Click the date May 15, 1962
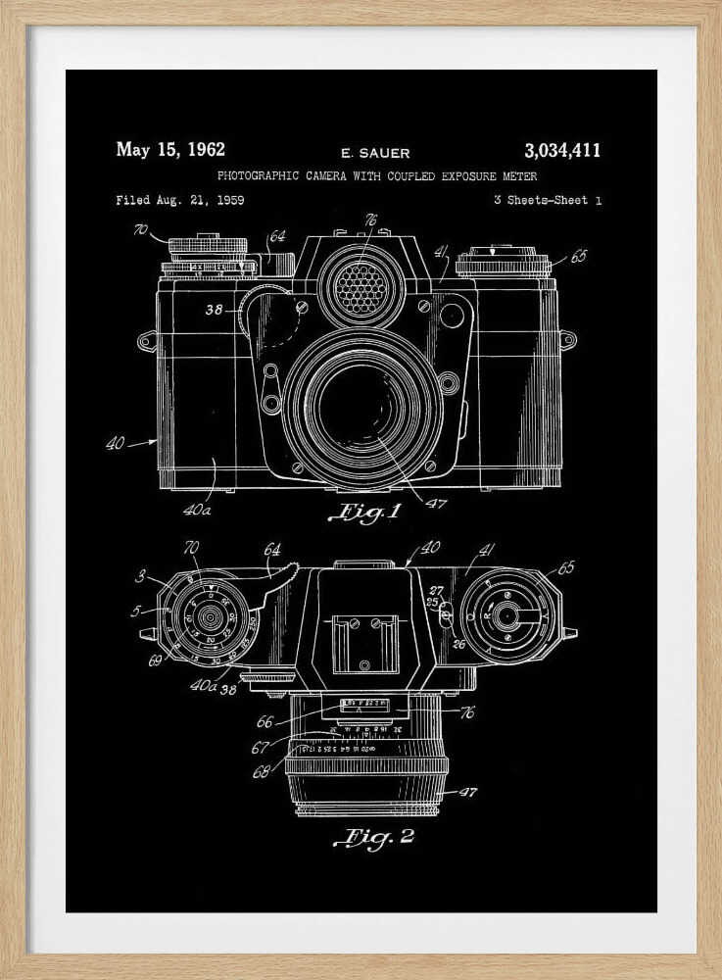pos(170,150)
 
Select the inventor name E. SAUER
pos(375,153)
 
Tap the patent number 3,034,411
pos(562,150)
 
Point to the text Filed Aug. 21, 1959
pos(180,200)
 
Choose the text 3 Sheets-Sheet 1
pos(549,200)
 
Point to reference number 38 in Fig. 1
pos(215,310)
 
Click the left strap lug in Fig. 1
pos(147,341)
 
